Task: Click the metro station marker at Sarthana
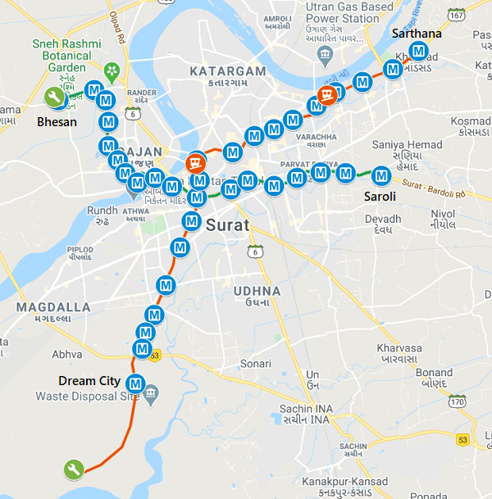coord(419,52)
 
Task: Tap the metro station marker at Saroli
coord(381,175)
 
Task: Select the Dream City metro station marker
coord(137,383)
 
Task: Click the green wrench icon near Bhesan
coord(55,98)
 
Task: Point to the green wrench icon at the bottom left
coord(73,470)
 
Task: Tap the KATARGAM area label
coord(228,71)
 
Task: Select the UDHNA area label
coord(257,291)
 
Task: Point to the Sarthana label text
coord(417,34)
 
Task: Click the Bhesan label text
coord(57,122)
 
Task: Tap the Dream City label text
coord(89,381)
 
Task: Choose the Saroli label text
coord(380,197)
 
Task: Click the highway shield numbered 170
coord(458,401)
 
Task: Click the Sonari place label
coord(255,362)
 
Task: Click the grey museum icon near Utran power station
coord(325,56)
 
